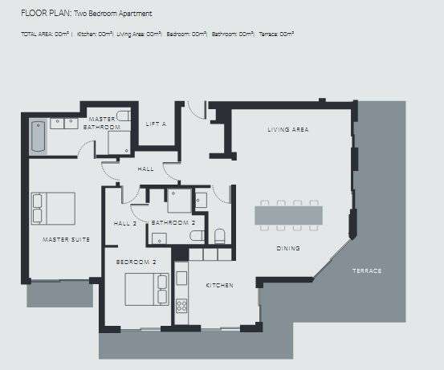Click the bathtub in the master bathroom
[x=37, y=136]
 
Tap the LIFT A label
[x=157, y=124]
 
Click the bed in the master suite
[x=53, y=208]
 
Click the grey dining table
[x=289, y=215]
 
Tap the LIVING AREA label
[x=288, y=129]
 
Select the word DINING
[x=287, y=248]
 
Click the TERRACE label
[x=366, y=270]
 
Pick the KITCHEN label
[x=219, y=286]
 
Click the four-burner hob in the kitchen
[x=181, y=306]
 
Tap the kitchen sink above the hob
[x=181, y=279]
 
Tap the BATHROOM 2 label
[x=173, y=222]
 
